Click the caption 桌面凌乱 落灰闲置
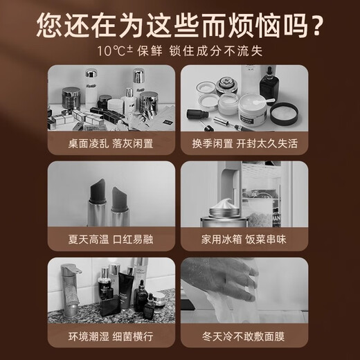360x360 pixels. [111, 143]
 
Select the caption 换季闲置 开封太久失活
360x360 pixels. [244, 143]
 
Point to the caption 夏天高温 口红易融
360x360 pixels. [111, 240]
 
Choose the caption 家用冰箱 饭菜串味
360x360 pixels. [244, 240]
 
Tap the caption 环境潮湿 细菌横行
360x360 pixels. [111, 336]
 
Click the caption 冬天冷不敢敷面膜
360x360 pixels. [244, 336]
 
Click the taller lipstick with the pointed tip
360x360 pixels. [98, 202]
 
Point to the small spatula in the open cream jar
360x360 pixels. [264, 101]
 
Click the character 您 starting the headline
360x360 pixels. [49, 26]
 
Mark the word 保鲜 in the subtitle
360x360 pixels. [150, 51]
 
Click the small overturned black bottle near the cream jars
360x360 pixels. [198, 114]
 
